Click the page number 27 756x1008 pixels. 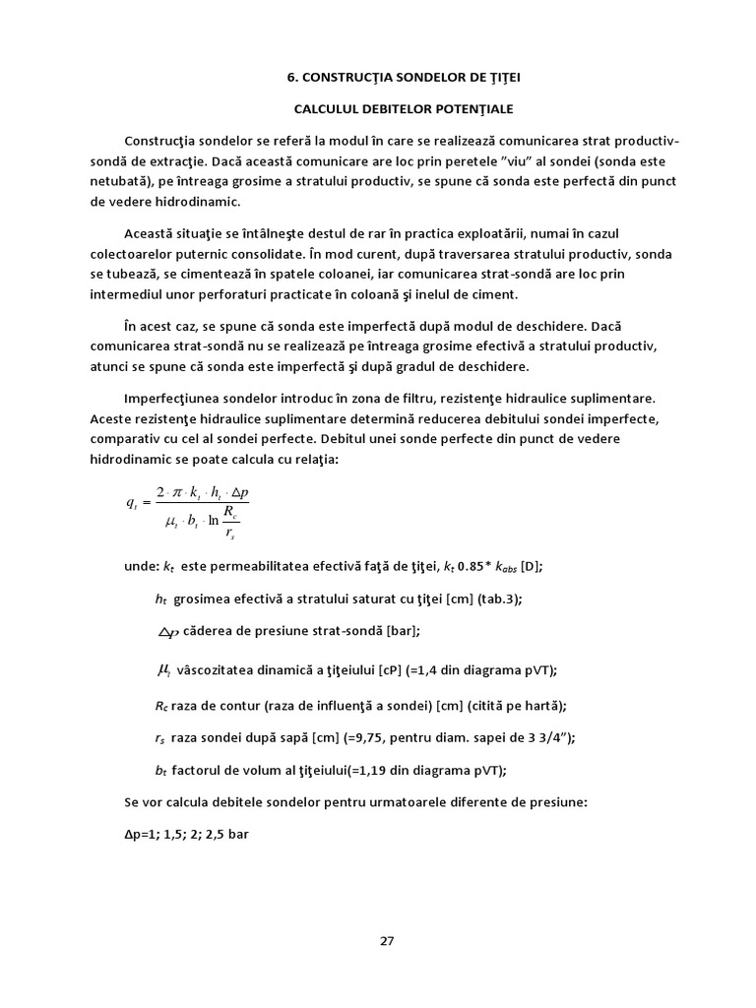tap(387, 940)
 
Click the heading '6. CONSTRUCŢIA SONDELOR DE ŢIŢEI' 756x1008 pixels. tap(387, 76)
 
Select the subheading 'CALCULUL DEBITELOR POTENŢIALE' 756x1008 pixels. tap(387, 108)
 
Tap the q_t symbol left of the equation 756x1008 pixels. tap(133, 502)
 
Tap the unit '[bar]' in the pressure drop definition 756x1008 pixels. tap(411, 631)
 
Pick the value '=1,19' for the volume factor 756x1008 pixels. tap(375, 770)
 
